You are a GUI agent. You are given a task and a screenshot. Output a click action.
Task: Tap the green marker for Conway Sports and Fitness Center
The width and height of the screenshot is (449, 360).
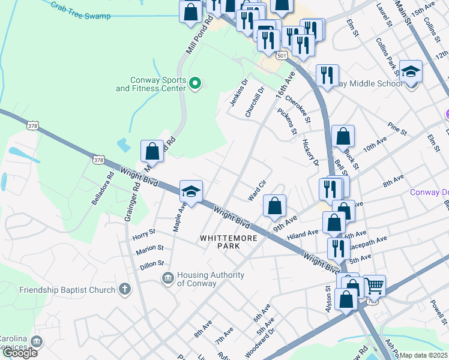(x=194, y=83)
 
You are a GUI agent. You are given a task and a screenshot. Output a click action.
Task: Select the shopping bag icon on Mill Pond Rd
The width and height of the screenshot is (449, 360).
(x=152, y=151)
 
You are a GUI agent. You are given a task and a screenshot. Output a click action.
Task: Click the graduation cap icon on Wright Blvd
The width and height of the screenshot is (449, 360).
(x=191, y=192)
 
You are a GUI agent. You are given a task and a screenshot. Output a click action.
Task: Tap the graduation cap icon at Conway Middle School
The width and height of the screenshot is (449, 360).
(x=411, y=72)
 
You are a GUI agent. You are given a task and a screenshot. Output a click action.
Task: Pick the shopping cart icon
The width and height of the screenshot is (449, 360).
(x=375, y=286)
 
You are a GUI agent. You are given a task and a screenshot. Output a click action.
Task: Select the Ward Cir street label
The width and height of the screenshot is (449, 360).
(x=258, y=191)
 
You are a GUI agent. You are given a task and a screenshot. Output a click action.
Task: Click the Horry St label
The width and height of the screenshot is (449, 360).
(x=143, y=232)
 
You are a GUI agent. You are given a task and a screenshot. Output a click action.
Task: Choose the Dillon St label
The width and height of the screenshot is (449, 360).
(x=152, y=263)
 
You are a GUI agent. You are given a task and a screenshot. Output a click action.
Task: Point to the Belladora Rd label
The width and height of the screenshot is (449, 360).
(x=103, y=189)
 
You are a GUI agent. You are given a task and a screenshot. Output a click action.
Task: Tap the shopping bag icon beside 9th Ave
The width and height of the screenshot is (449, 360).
(x=274, y=206)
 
